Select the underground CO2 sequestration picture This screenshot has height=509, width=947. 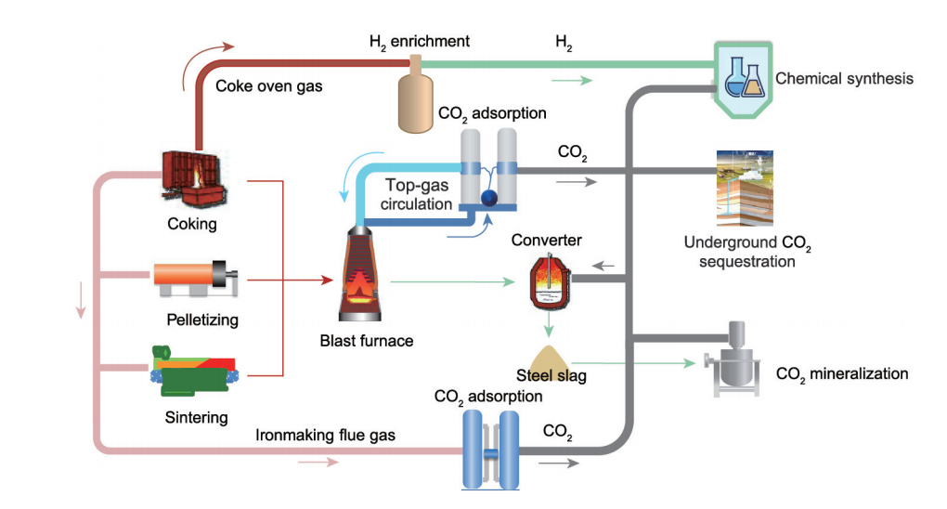click(744, 186)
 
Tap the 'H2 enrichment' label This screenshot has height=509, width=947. click(420, 42)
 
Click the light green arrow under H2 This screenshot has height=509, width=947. click(571, 81)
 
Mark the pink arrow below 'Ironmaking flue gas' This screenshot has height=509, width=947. click(318, 462)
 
